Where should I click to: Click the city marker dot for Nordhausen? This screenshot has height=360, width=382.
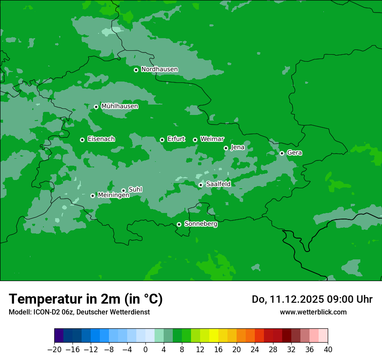pyautogui.click(x=136, y=70)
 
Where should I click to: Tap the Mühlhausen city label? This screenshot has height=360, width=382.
pyautogui.click(x=119, y=106)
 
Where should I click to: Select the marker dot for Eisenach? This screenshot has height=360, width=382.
pyautogui.click(x=82, y=140)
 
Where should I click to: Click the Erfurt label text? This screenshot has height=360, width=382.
pyautogui.click(x=176, y=139)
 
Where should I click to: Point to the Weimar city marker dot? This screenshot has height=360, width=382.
pyautogui.click(x=195, y=140)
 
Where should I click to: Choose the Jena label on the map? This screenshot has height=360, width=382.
pyautogui.click(x=237, y=147)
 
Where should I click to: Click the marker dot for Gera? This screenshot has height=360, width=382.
pyautogui.click(x=282, y=153)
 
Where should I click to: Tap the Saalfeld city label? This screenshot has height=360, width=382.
pyautogui.click(x=218, y=184)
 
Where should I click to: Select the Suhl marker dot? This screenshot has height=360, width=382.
pyautogui.click(x=123, y=190)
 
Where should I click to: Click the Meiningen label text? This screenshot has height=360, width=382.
pyautogui.click(x=113, y=196)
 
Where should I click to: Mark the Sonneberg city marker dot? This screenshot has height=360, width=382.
pyautogui.click(x=179, y=224)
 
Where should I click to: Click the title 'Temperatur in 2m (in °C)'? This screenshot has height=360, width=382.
pyautogui.click(x=86, y=299)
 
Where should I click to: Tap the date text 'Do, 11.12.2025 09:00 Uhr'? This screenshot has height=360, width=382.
pyautogui.click(x=312, y=299)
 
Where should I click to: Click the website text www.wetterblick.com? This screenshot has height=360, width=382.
pyautogui.click(x=313, y=312)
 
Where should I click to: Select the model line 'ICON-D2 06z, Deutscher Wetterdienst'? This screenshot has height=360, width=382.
pyautogui.click(x=79, y=312)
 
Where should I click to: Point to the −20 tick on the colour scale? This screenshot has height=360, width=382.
pyautogui.click(x=55, y=350)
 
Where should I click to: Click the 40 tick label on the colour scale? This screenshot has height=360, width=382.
pyautogui.click(x=328, y=350)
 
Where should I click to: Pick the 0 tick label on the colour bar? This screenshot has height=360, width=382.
pyautogui.click(x=145, y=350)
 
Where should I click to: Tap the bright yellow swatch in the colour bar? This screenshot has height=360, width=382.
pyautogui.click(x=214, y=335)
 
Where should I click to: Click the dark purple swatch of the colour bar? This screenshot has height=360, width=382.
pyautogui.click(x=59, y=335)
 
